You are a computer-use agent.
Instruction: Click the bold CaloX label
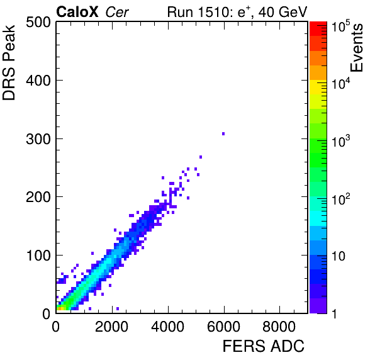coord(77,12)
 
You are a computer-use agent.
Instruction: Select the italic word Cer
coord(117,12)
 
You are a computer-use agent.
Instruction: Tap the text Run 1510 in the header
coord(199,12)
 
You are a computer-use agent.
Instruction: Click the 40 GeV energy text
coord(283,12)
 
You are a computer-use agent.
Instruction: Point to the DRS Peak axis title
coord(9,62)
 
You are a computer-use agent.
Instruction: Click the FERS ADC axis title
coord(264,346)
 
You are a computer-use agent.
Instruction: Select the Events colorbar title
coord(356,48)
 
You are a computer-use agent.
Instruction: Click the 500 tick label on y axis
coord(38,23)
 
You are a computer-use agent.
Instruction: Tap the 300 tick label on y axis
coord(38,139)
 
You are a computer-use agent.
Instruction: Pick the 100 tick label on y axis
coord(39,256)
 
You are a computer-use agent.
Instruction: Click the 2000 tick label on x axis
coord(111,327)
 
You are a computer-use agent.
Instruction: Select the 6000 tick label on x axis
coord(223,327)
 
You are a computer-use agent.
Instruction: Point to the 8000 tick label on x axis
coord(279,327)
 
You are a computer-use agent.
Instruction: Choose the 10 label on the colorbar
coord(339,256)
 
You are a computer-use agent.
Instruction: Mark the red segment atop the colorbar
coord(318,29)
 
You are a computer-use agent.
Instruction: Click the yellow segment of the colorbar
coord(318,87)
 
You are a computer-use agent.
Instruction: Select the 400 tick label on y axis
coord(38,81)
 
